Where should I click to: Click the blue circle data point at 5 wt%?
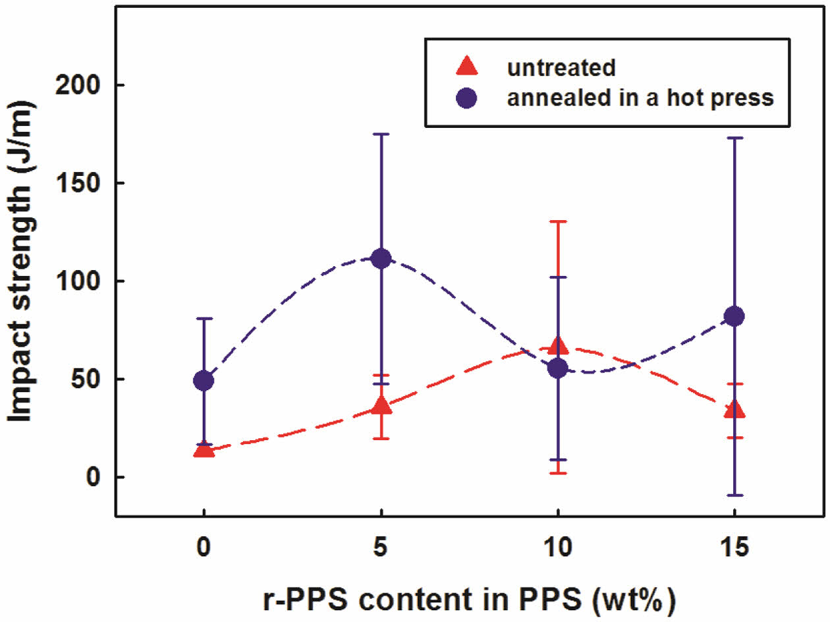click(x=381, y=258)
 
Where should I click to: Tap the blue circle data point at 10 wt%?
click(x=558, y=368)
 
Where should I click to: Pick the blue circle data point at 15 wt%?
click(x=734, y=316)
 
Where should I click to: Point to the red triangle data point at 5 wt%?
click(x=381, y=406)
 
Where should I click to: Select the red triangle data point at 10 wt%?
click(x=558, y=346)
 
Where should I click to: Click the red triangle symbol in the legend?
click(x=467, y=67)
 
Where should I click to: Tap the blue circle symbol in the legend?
click(x=467, y=98)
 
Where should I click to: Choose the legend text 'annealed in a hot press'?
click(x=639, y=98)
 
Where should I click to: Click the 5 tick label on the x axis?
click(x=381, y=546)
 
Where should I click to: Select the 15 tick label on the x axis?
click(x=734, y=546)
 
